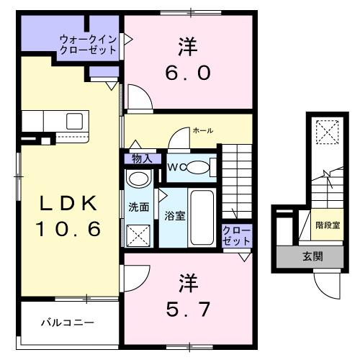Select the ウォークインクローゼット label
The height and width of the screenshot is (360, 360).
click(88, 45)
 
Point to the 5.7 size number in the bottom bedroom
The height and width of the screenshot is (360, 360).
click(188, 309)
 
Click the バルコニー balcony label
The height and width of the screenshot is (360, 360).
click(67, 323)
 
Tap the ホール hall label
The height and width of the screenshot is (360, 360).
click(202, 130)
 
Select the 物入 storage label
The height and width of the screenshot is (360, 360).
click(141, 158)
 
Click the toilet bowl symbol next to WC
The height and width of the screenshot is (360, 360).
click(201, 168)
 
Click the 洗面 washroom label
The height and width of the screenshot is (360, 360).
click(139, 207)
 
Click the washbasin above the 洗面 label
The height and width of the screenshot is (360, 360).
click(136, 180)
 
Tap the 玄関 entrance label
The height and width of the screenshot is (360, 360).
click(312, 256)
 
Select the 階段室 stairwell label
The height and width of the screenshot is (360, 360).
click(328, 225)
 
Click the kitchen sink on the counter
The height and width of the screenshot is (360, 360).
click(74, 121)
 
